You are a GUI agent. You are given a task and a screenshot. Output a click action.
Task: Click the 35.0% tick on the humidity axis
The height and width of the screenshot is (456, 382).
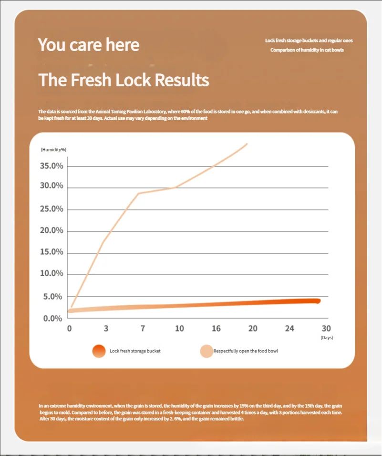(52, 166)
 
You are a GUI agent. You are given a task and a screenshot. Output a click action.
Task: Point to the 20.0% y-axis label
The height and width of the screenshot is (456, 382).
(52, 230)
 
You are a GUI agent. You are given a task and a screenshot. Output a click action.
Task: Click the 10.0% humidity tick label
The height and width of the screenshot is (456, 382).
(52, 273)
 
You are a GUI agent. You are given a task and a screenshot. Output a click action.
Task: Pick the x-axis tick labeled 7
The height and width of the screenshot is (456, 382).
(142, 329)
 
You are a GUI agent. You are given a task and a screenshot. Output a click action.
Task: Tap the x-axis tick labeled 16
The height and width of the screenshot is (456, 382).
(216, 329)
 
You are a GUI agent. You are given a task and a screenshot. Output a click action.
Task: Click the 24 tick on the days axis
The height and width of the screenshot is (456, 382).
(289, 329)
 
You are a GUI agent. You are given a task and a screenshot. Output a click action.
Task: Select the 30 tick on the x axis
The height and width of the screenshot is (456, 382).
(326, 329)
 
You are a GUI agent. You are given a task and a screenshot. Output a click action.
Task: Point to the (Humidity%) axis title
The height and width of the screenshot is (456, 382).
(53, 150)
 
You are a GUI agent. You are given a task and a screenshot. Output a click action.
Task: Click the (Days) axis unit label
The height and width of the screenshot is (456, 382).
(326, 338)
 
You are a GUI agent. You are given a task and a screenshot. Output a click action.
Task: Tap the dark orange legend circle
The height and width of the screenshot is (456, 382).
(99, 351)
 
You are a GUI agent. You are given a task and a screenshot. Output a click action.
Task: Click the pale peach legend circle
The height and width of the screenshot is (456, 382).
(206, 351)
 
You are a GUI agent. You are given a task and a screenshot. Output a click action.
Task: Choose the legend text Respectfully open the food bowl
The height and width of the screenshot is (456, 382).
(246, 351)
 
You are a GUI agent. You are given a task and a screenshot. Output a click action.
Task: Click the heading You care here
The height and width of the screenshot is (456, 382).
(89, 45)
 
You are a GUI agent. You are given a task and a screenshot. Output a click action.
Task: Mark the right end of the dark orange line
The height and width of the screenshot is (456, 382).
(318, 301)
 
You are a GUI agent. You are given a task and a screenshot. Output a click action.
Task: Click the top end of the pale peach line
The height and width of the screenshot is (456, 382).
(247, 144)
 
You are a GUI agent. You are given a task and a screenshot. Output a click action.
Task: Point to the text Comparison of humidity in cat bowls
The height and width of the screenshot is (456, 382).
(307, 50)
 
